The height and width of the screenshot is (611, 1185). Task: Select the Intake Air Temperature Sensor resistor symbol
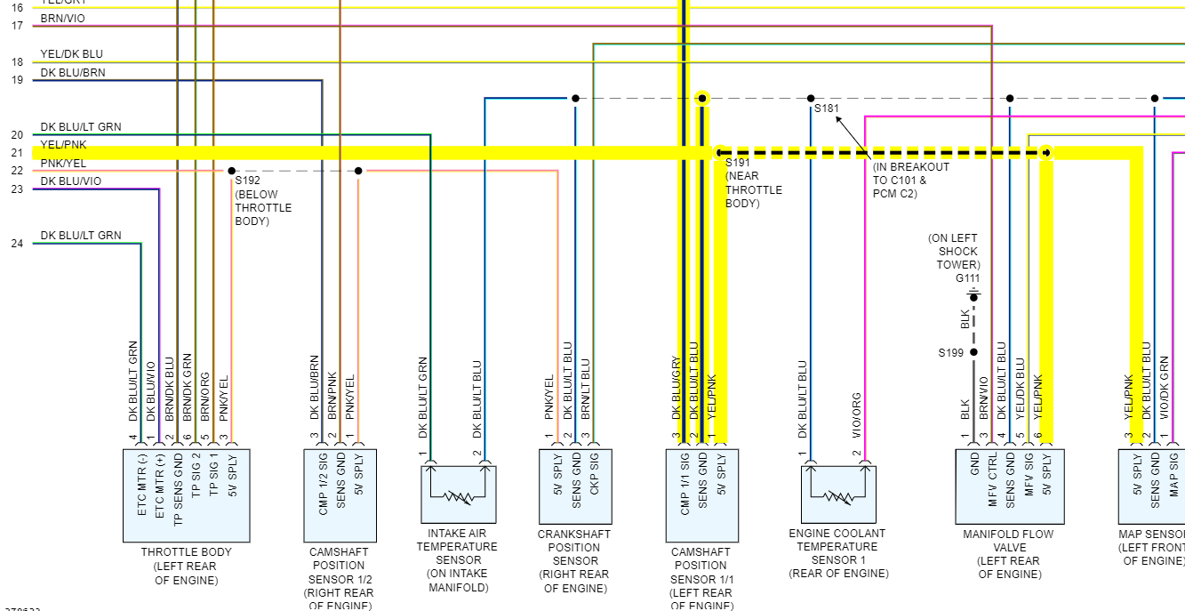[459, 494]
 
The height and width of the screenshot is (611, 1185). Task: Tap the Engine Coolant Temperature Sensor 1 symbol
[838, 494]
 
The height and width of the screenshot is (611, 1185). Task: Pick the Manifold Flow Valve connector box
[1009, 486]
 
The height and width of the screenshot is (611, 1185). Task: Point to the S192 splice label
[248, 181]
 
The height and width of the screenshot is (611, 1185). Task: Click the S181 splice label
[826, 109]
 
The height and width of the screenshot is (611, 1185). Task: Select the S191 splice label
[738, 163]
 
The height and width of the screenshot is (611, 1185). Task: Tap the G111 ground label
[967, 278]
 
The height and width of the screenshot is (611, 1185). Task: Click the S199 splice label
[950, 353]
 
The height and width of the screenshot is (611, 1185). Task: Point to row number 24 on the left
[17, 243]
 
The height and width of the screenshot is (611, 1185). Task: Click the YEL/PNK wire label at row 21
[63, 145]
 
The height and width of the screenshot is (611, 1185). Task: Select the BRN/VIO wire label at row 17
[63, 19]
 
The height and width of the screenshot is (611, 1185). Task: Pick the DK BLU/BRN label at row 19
[72, 73]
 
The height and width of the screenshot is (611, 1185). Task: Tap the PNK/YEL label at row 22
[63, 163]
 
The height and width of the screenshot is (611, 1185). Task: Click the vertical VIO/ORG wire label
[857, 415]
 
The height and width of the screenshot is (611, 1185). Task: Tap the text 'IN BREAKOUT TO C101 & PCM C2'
[911, 181]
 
